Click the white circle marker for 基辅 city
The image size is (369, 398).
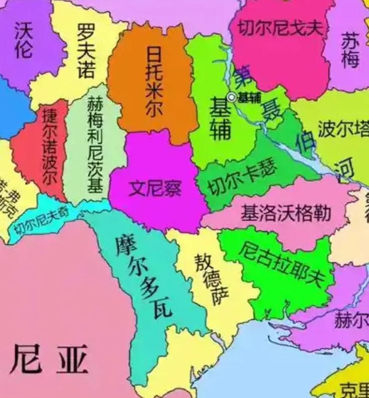pos(232,97)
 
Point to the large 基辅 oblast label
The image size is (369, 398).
pos(220,119)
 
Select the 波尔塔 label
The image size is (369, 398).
pos(343,130)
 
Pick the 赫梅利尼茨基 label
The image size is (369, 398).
pos(95,145)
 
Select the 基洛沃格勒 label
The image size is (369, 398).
pos(285,213)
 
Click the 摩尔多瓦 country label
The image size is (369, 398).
pos(143,276)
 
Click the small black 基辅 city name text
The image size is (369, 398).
pos(249,98)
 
